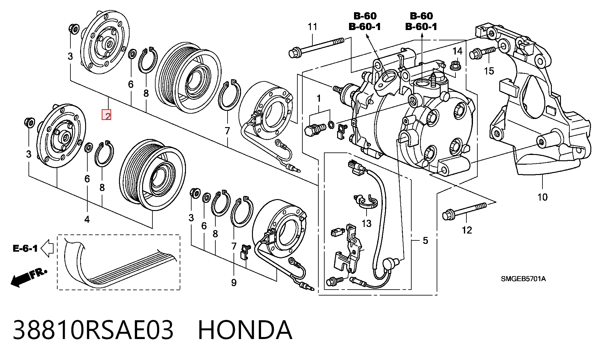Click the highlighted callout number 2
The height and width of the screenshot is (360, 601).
coord(106,115)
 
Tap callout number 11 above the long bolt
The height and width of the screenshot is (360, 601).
coord(312,27)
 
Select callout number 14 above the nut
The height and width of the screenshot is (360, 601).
coord(457,51)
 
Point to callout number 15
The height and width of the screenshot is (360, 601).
coord(489,71)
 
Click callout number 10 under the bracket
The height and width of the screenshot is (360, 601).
coord(542,197)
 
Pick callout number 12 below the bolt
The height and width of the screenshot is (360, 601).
coord(467,230)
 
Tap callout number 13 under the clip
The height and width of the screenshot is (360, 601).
coord(366,224)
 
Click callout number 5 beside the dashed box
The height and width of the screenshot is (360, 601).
coord(425,240)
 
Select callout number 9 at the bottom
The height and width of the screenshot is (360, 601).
coord(234,283)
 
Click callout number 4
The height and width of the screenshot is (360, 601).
coord(87,219)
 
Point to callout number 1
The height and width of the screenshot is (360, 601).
coord(319,99)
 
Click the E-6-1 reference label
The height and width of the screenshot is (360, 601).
coord(25,249)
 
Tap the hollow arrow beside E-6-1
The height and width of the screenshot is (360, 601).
coord(47,248)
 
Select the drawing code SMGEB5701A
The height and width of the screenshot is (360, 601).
coord(523,279)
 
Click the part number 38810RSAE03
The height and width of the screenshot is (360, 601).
coord(93,330)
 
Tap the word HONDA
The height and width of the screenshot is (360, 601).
coord(245,330)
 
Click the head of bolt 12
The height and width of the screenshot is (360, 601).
coord(447,215)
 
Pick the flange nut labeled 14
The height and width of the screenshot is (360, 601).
coord(454,66)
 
